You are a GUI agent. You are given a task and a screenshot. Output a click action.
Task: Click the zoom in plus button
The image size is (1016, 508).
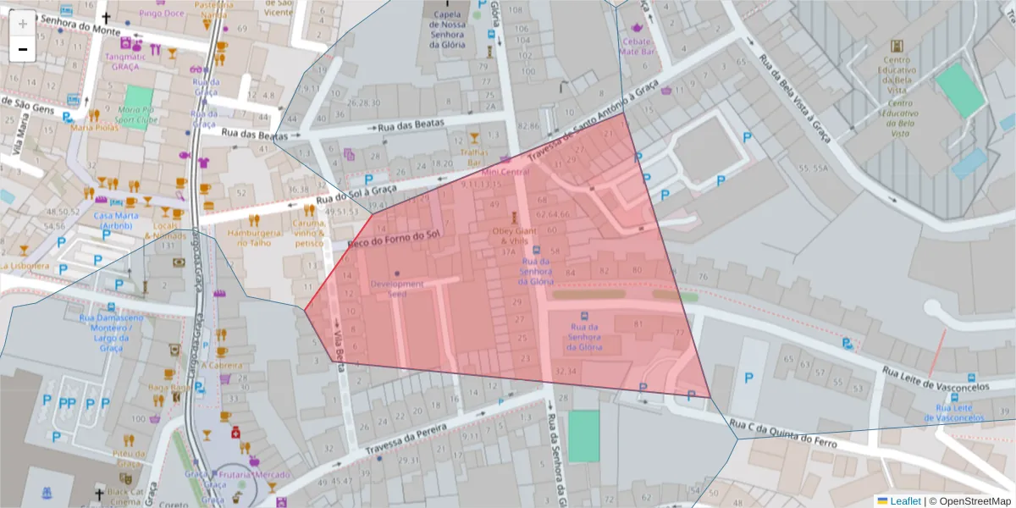[23, 24]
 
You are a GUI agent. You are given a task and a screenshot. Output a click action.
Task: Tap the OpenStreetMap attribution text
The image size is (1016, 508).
[970, 500]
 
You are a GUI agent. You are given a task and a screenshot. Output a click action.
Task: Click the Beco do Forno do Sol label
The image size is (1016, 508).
[394, 240]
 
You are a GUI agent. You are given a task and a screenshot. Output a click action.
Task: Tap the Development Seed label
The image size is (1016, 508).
[397, 289]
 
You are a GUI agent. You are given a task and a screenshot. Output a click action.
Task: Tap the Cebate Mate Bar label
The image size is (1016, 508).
[638, 46]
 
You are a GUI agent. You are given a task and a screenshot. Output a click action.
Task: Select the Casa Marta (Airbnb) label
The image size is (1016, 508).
[116, 220]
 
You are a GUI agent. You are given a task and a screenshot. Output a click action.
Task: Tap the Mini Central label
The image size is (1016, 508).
[504, 172]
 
